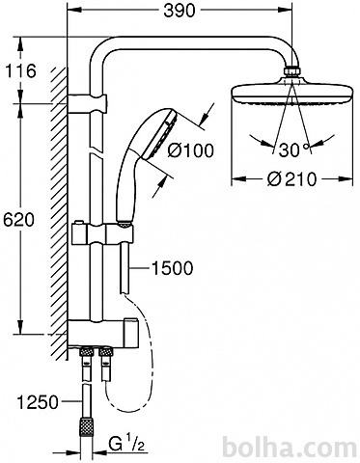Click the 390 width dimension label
coord(180,11)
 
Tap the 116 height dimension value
coord(21,71)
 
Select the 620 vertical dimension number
coord(18,220)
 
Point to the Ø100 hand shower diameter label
coord(190,150)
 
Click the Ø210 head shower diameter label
coord(291,178)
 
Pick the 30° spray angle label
coord(294,150)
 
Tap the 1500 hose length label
coord(172,268)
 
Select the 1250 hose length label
coord(38,402)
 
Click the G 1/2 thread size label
coord(126,445)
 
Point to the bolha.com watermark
coord(291,448)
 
